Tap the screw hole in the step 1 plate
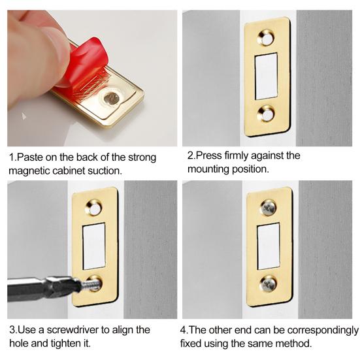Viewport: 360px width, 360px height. pyautogui.click(x=112, y=99)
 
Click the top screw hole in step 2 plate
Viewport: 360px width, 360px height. pyautogui.click(x=267, y=38)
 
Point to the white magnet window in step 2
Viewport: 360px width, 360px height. pyautogui.click(x=267, y=76)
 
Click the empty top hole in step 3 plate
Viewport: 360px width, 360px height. pyautogui.click(x=93, y=208)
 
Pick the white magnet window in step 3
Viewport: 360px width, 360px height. pyautogui.click(x=94, y=246)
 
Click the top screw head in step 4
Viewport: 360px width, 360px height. pyautogui.click(x=269, y=208)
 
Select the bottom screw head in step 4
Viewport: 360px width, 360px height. pyautogui.click(x=268, y=284)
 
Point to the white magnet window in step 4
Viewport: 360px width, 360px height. pyautogui.click(x=269, y=246)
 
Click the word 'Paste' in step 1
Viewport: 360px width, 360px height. pyautogui.click(x=30, y=157)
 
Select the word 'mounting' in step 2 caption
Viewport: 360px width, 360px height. pyautogui.click(x=208, y=169)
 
